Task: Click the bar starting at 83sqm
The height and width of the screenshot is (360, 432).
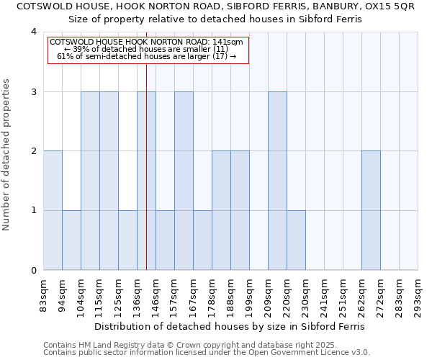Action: click(53, 210)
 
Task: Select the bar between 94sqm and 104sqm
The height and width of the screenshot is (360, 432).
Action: click(71, 240)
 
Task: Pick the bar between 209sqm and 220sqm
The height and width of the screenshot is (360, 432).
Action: click(277, 181)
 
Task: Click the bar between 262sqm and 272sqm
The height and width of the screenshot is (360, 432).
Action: click(371, 210)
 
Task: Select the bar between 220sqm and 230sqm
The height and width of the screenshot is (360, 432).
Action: click(296, 240)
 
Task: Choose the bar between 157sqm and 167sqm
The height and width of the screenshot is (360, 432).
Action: click(184, 181)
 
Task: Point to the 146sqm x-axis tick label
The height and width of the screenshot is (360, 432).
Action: click(156, 294)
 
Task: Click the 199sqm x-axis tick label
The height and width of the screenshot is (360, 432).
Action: click(249, 294)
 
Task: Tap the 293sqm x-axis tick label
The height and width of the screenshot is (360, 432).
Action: click(418, 294)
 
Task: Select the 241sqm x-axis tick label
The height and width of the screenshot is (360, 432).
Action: click(324, 294)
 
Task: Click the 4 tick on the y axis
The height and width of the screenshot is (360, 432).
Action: click(33, 32)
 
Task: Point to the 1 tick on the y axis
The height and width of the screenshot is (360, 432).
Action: click(33, 211)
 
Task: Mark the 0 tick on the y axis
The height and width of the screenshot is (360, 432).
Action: click(33, 271)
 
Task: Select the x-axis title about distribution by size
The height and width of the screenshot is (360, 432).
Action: click(230, 326)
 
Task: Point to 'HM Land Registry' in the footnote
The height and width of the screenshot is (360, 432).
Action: click(109, 345)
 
